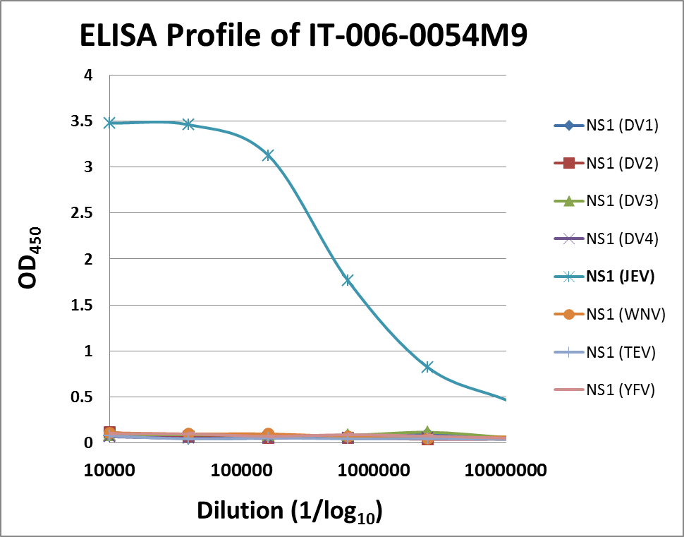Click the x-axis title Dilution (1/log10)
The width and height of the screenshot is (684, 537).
click(290, 511)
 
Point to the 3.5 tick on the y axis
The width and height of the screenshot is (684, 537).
click(83, 121)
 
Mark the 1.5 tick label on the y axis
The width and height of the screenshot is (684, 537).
click(83, 306)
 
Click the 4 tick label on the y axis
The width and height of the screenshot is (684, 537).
click(88, 76)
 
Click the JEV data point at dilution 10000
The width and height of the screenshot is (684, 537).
click(109, 123)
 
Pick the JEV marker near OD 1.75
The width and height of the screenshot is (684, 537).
click(347, 280)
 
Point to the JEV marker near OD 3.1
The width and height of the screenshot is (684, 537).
click(268, 155)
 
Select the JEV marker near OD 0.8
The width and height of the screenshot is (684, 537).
click(427, 367)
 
